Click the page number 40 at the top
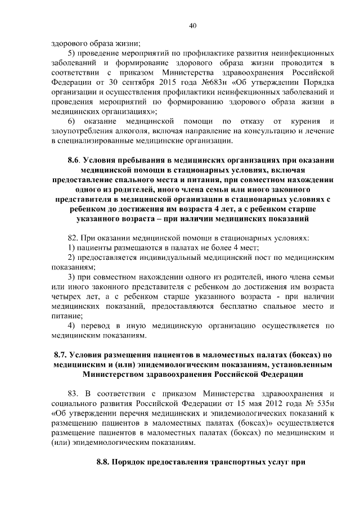point(192,25)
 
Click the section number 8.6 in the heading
point(75,160)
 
